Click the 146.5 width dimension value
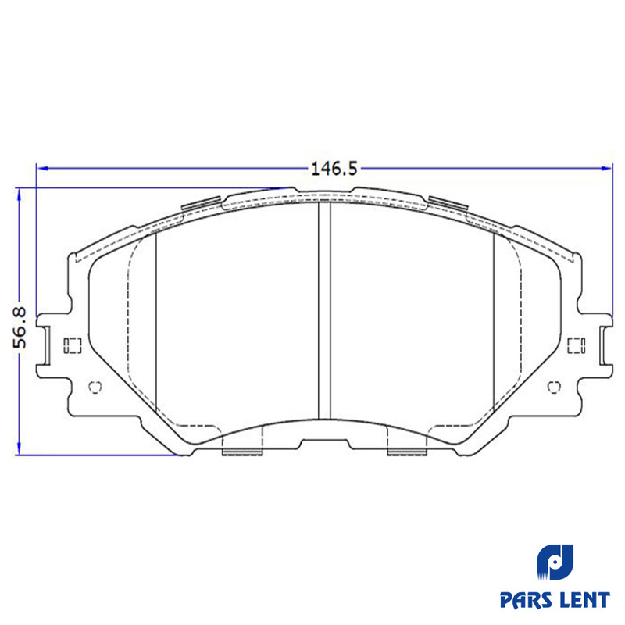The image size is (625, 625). [334, 169]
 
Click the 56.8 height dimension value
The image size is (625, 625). [20, 327]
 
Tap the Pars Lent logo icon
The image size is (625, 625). [555, 562]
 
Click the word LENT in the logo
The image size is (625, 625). [585, 600]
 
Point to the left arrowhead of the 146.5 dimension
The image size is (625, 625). [42, 169]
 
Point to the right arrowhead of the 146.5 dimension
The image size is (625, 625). [606, 169]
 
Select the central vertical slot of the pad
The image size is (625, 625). [324, 310]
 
